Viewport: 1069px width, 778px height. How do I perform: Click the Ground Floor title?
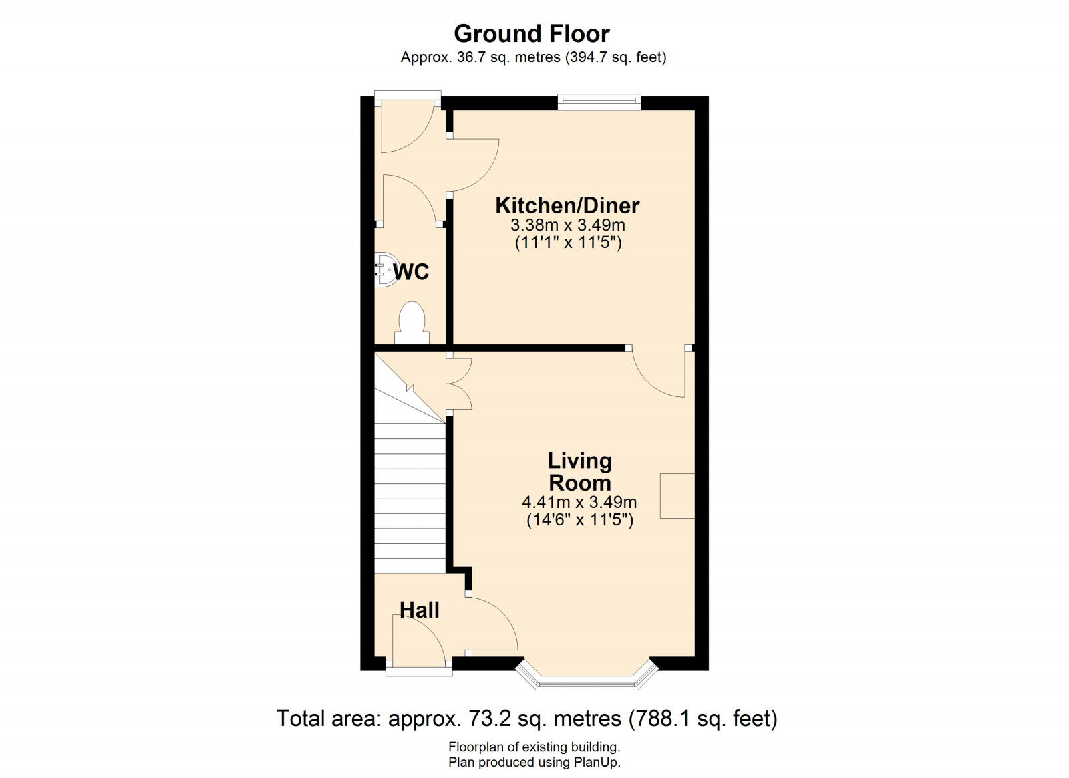pos(532,34)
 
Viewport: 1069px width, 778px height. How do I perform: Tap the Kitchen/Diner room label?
pos(567,205)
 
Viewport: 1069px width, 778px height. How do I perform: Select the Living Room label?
pos(579,472)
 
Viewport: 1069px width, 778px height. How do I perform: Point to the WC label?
pos(411,272)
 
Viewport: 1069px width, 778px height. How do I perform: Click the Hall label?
pos(419,610)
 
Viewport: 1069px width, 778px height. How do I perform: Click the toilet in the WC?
pos(412,323)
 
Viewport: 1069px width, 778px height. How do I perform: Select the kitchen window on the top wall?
pos(599,101)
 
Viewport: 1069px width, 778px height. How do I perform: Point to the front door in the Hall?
pos(418,642)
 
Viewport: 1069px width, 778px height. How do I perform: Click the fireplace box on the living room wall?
pos(677,496)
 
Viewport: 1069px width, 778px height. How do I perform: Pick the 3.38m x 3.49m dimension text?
pos(568,225)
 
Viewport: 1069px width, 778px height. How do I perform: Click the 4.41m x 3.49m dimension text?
pos(579,502)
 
